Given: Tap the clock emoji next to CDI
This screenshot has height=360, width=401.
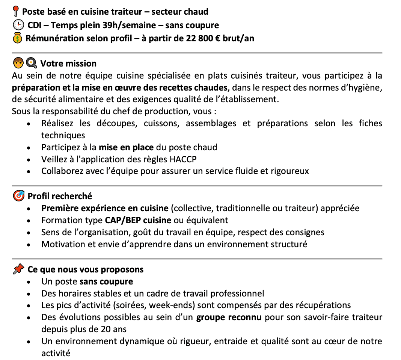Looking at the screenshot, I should coord(18,25).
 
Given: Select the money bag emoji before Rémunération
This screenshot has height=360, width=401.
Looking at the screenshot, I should coord(18,38).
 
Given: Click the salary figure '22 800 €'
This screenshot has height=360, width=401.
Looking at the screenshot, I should coord(202,38).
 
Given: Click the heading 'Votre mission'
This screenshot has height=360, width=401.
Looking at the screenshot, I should coord(68,64).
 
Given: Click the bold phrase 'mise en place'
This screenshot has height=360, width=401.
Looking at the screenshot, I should coord(126,147).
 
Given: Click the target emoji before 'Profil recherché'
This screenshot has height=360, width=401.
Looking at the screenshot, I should coord(18,196).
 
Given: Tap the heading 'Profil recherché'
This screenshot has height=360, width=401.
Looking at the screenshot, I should coord(60,196).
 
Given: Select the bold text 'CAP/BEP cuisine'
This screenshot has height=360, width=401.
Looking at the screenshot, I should coord(138,220).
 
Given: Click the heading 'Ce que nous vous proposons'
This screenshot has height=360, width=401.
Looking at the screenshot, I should coord(86,269).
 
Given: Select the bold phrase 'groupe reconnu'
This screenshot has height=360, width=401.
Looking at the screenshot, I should coord(229,317).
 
